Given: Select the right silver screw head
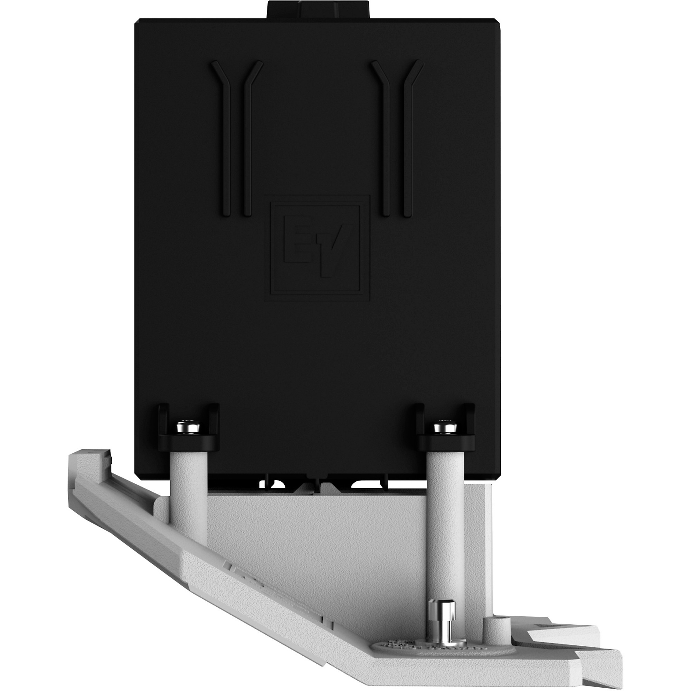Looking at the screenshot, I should pyautogui.click(x=441, y=427).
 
